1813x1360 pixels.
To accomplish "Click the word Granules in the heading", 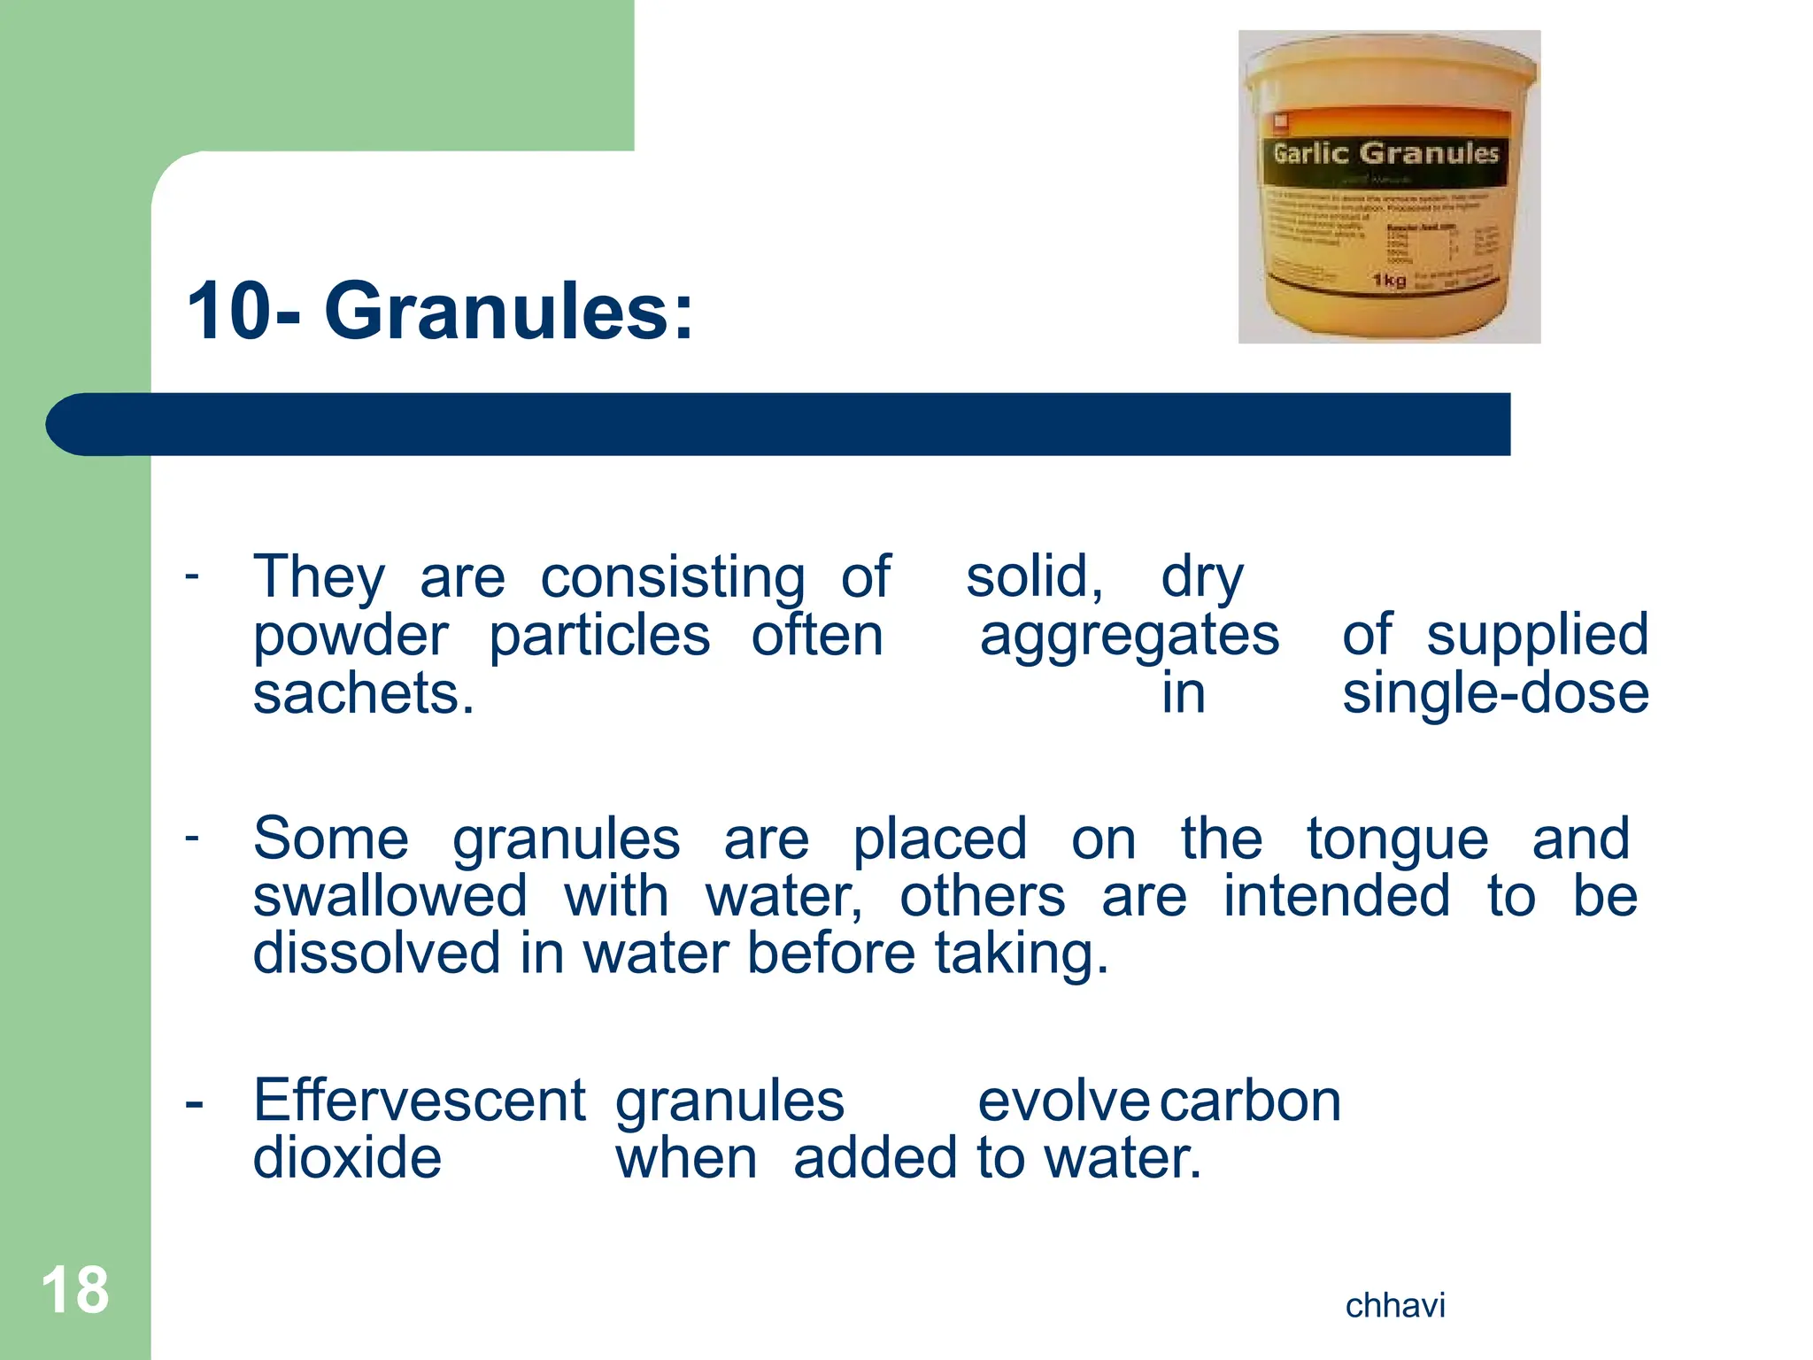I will coord(508,312).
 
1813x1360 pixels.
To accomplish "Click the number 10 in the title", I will coord(228,312).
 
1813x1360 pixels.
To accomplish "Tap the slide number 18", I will coord(75,1290).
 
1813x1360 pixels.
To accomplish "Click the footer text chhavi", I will coord(1395,1306).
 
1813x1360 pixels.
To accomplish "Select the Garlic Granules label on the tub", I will coord(1385,154).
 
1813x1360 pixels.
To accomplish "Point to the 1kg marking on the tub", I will coord(1389,281).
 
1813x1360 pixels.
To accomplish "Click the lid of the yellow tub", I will coord(1390,66).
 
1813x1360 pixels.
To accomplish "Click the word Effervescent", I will coord(419,1101).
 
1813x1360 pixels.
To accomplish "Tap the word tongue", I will coord(1398,838).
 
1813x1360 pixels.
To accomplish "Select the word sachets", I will coord(363,693).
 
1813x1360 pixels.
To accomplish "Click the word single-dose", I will coord(1495,693).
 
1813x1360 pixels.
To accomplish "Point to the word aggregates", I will coord(1130,636).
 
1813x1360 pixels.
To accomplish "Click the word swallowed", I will coord(390,896).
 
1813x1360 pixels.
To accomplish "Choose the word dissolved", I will coord(377,954).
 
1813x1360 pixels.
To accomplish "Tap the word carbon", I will coord(1250,1101).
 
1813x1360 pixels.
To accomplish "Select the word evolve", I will coord(1063,1101).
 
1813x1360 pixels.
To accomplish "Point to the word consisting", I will coord(673,578).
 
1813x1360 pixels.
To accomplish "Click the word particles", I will coord(599,636).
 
